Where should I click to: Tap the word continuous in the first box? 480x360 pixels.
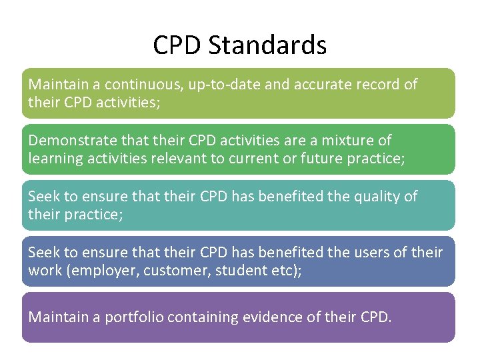point(135,85)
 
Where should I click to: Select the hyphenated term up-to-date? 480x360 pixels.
point(218,85)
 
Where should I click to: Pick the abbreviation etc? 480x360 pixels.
point(285,271)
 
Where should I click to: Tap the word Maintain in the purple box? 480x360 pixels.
point(56,317)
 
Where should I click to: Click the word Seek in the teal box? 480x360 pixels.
point(42,197)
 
